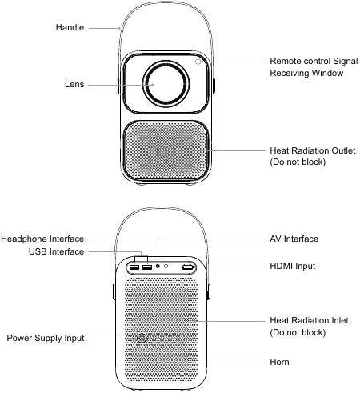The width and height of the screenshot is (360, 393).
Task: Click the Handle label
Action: (70, 27)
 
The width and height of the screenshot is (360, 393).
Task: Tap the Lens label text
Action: (74, 85)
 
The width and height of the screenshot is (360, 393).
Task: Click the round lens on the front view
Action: (166, 84)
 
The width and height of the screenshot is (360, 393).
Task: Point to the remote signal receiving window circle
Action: (198, 62)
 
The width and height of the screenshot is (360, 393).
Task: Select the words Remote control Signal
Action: (314, 61)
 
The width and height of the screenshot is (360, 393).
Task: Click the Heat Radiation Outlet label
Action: (313, 150)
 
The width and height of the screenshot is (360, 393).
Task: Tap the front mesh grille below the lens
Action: (166, 150)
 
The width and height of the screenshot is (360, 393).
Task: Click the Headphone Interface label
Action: (42, 239)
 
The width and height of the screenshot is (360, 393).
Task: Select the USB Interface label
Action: (56, 251)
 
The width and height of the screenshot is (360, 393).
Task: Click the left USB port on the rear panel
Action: (134, 267)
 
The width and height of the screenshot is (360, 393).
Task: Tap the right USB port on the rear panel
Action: (147, 267)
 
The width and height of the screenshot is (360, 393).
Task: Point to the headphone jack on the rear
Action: (158, 266)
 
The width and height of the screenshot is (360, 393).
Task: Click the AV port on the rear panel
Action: (166, 266)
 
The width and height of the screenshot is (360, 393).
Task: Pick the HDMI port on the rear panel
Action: (188, 267)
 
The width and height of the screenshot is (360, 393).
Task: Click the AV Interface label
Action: (294, 239)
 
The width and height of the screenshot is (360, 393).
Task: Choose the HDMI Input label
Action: (293, 266)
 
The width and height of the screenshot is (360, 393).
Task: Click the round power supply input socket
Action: (142, 339)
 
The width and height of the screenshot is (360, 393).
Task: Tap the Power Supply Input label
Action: (46, 338)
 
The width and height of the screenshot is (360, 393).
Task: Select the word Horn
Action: (279, 362)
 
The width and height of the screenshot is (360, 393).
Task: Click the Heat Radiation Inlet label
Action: (309, 320)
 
